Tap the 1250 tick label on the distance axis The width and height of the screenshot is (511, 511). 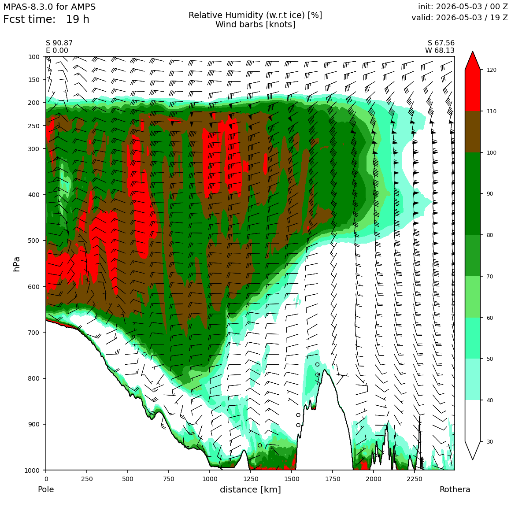coord(250,479)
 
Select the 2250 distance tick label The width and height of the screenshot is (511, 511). coord(414,479)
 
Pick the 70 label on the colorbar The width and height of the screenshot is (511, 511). coord(490,276)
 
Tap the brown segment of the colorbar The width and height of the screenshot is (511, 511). coord(473,132)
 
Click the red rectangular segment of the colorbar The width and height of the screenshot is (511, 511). coord(473,90)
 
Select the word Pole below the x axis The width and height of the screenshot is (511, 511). coord(46,489)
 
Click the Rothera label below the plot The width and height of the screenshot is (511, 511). coord(455,489)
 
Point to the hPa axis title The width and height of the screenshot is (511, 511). coord(17,264)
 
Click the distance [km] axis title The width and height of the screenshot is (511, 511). coord(250,489)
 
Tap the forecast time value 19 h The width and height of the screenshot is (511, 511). coord(78,19)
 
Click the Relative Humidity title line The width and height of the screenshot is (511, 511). coord(255,15)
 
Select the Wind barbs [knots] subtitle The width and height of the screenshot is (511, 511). coord(255,24)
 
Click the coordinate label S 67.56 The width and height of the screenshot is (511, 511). coord(441,43)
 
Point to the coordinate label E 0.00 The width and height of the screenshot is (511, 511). coord(57,51)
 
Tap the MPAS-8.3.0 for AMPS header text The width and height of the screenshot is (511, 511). coord(49,7)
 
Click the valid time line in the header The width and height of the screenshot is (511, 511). coord(459,18)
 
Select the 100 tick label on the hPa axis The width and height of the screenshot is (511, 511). coord(34,57)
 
